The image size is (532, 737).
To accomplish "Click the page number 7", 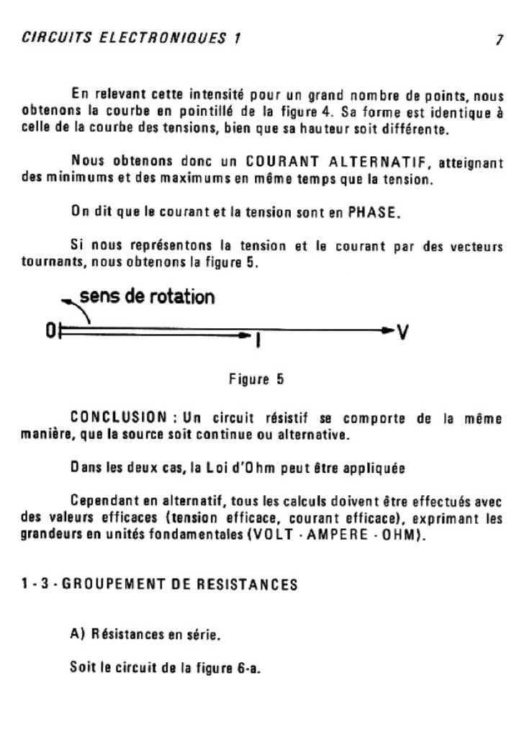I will click(499, 40).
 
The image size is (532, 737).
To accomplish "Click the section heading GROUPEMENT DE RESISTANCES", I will click(180, 584).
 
